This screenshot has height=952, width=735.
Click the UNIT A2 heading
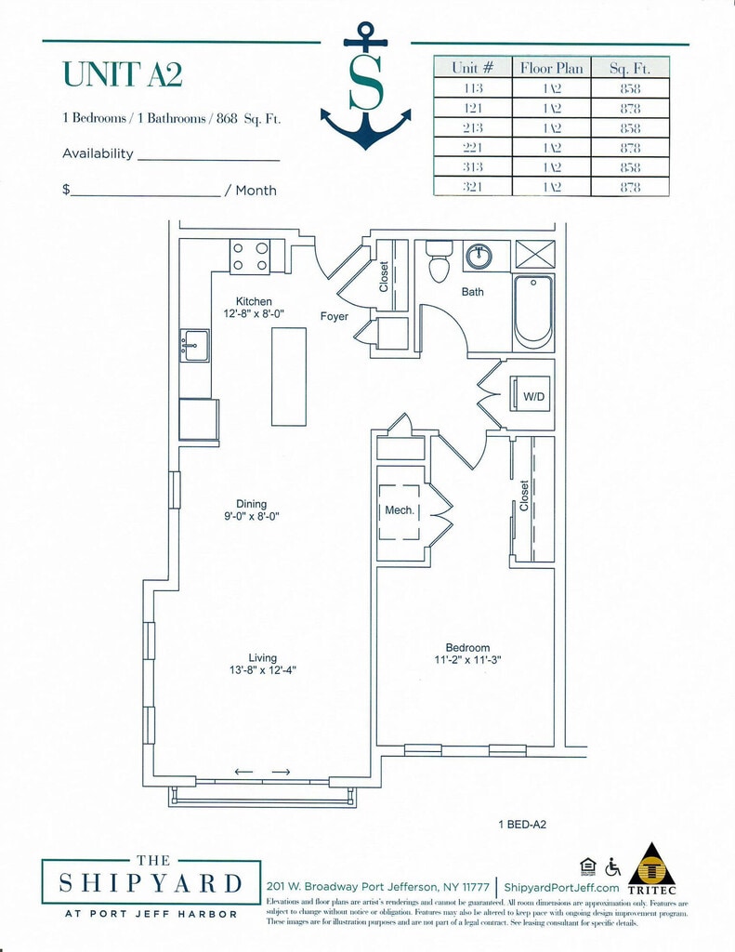pyautogui.click(x=122, y=73)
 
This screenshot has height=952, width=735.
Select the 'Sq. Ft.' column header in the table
pyautogui.click(x=629, y=68)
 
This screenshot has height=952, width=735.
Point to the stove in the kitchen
pyautogui.click(x=250, y=257)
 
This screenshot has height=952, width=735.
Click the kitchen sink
pyautogui.click(x=195, y=345)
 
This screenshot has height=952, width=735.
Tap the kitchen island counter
pyautogui.click(x=289, y=376)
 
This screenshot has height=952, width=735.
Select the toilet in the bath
pyautogui.click(x=439, y=263)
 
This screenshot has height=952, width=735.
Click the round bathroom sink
pyautogui.click(x=479, y=257)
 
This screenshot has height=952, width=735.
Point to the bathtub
pyautogui.click(x=533, y=311)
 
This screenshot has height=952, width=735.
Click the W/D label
pyautogui.click(x=533, y=397)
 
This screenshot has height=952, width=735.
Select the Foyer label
pyautogui.click(x=335, y=317)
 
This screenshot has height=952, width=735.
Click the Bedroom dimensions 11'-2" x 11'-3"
pyautogui.click(x=467, y=661)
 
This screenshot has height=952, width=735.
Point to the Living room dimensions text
pyautogui.click(x=263, y=670)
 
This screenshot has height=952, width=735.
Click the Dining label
pyautogui.click(x=251, y=504)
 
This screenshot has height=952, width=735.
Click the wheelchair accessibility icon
pyautogui.click(x=613, y=866)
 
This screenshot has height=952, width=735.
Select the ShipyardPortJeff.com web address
pyautogui.click(x=562, y=888)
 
